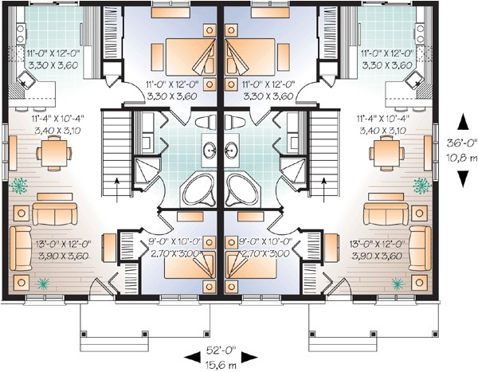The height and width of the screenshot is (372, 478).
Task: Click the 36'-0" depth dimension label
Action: coord(462,143)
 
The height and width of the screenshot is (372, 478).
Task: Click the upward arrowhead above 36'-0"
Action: coord(462,123)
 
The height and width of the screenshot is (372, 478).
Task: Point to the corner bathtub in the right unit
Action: coord(241,190)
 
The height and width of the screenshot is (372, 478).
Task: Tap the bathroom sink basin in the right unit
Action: coord(230,148)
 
